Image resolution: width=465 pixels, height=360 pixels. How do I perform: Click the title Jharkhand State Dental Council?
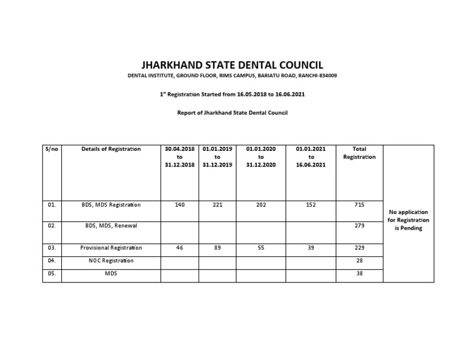coord(232,65)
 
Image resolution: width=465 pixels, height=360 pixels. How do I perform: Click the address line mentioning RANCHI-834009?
coord(232,76)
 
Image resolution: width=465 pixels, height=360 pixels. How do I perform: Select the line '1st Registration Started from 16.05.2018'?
coord(232,95)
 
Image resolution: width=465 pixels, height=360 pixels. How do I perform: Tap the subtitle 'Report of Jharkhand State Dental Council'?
coord(232,113)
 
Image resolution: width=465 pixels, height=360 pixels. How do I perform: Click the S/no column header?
coord(51,149)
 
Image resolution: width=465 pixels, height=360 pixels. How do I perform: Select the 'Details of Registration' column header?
coord(111,149)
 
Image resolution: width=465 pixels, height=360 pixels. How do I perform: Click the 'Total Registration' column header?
coord(359,153)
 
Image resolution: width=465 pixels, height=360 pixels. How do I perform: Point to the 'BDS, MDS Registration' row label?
coord(111,205)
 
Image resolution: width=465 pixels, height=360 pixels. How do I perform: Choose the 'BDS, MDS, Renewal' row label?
coord(111,225)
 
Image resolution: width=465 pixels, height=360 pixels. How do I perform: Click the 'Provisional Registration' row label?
coord(111,248)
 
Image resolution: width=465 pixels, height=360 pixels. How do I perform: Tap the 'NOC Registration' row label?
coord(111,261)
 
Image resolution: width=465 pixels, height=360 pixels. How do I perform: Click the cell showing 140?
coord(179,205)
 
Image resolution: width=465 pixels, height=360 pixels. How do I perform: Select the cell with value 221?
coord(217,205)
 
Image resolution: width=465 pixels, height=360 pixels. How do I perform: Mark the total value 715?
coord(359,205)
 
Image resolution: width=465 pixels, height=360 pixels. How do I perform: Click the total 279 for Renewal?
coord(359,225)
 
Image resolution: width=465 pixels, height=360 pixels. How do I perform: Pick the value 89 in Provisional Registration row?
coord(217,248)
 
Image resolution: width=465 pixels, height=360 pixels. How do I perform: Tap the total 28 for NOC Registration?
coord(359,261)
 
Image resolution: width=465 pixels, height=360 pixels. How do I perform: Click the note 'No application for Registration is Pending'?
coord(409,220)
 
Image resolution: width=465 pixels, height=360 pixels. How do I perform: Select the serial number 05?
coord(51,273)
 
